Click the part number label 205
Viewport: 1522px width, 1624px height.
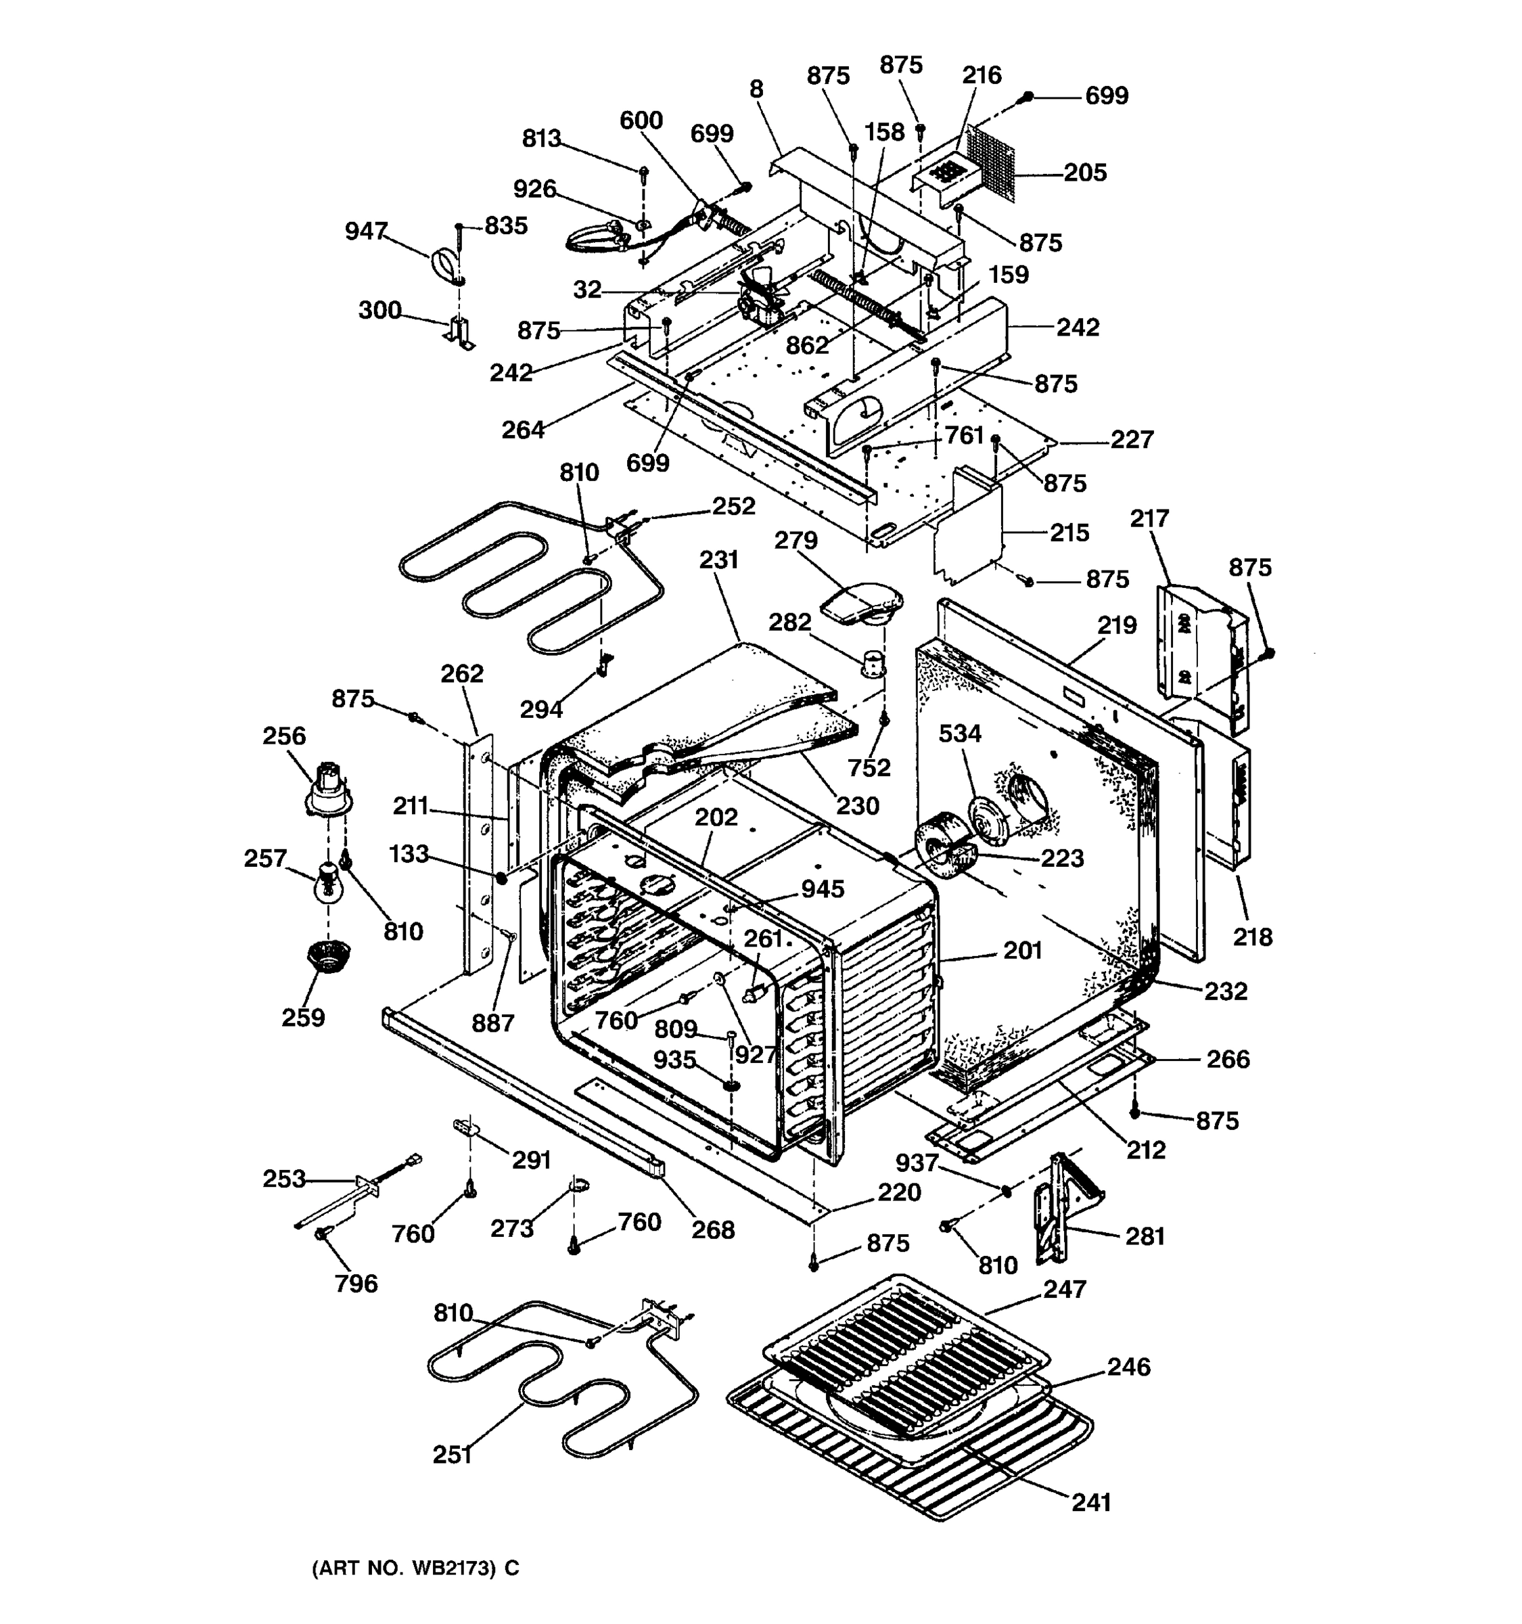[x=1084, y=173]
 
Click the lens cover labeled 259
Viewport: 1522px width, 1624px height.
[x=328, y=954]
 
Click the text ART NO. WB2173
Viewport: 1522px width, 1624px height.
[x=415, y=1568]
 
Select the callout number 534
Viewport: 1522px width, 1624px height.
[x=959, y=733]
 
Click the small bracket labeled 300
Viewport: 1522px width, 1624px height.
[x=459, y=334]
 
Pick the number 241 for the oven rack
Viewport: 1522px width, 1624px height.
[x=1091, y=1502]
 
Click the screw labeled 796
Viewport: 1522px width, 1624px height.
[x=323, y=1234]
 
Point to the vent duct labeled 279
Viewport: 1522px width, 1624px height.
[x=861, y=603]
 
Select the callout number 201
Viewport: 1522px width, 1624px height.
[x=1022, y=950]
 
